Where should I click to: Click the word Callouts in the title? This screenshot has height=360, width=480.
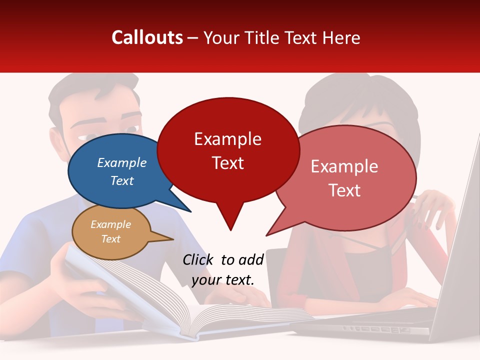pyautogui.click(x=147, y=37)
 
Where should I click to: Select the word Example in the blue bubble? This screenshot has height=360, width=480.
pyautogui.click(x=121, y=162)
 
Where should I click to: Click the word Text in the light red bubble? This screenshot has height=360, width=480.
pyautogui.click(x=345, y=190)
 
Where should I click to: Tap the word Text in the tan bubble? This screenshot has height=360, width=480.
pyautogui.click(x=110, y=239)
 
